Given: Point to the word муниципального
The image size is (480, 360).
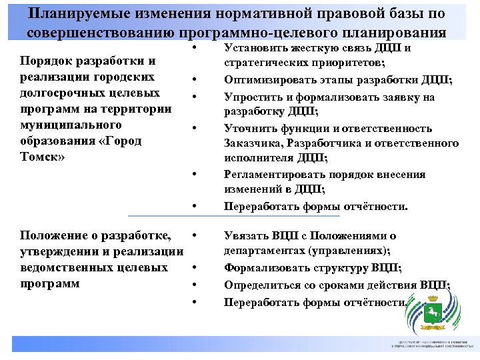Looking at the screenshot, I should [71, 125].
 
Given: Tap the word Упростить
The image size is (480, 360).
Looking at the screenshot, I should [254, 97].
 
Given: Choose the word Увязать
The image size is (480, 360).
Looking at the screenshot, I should [247, 236].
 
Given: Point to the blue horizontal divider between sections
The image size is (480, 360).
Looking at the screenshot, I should [233, 215].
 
